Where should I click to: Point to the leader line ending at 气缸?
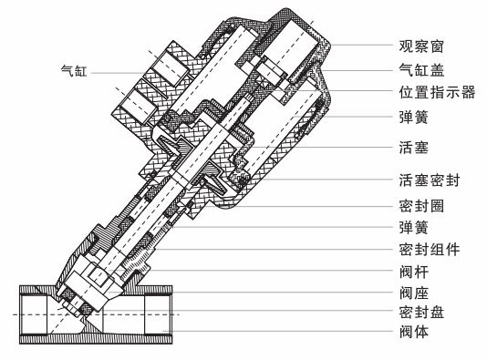tap(108, 69)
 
